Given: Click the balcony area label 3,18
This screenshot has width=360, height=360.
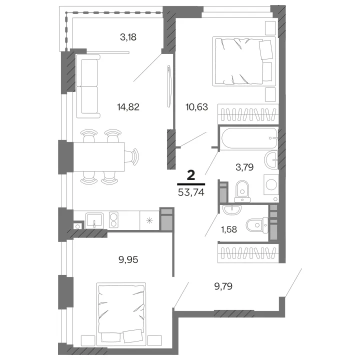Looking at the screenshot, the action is pyautogui.click(x=128, y=37).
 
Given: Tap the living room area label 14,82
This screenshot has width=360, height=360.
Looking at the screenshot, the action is pyautogui.click(x=128, y=107).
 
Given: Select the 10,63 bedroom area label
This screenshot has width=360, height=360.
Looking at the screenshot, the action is pyautogui.click(x=197, y=107).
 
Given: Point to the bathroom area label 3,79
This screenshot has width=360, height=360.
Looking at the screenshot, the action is pyautogui.click(x=244, y=167).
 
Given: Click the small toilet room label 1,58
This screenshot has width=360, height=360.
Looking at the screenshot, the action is pyautogui.click(x=229, y=229).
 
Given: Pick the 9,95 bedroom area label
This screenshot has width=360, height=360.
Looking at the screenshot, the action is pyautogui.click(x=128, y=259).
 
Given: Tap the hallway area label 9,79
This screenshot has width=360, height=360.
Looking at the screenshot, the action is pyautogui.click(x=223, y=286).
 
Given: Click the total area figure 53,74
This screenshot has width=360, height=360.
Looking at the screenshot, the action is pyautogui.click(x=191, y=192).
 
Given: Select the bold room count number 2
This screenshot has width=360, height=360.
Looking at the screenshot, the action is pyautogui.click(x=191, y=175).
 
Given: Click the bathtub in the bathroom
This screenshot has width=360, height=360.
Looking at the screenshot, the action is pyautogui.click(x=249, y=138).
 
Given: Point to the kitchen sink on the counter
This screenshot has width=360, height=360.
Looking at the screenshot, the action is pyautogui.click(x=94, y=220).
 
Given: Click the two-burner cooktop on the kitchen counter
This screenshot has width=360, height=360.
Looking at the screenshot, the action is pyautogui.click(x=113, y=220).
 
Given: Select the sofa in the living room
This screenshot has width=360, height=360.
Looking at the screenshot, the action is pyautogui.click(x=88, y=86).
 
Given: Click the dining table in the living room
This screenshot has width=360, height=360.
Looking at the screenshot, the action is pyautogui.click(x=98, y=157).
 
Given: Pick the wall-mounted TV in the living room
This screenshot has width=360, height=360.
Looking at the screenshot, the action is pyautogui.click(x=169, y=86).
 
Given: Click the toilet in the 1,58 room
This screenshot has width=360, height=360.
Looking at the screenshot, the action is pyautogui.click(x=257, y=225).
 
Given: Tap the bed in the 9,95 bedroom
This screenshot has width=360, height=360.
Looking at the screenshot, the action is pyautogui.click(x=121, y=314).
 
